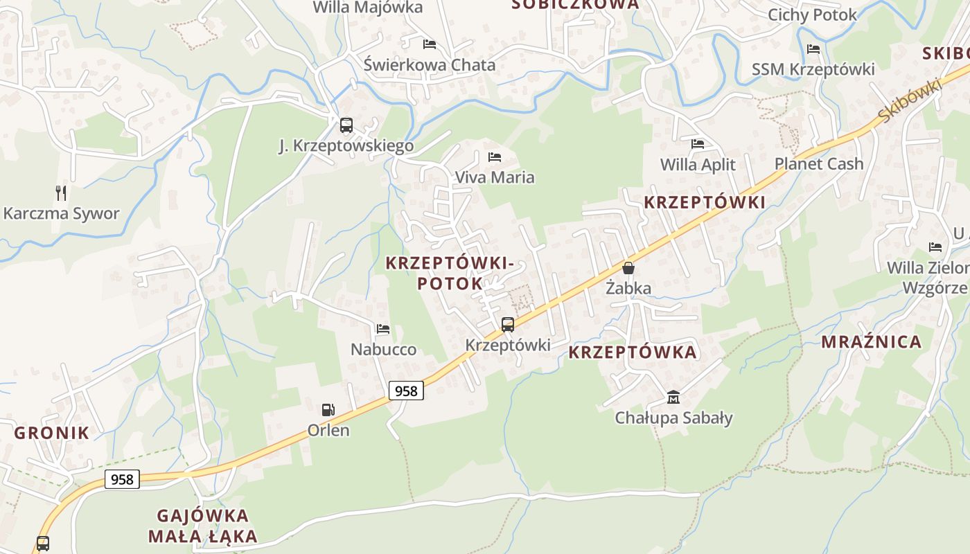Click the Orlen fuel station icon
pyautogui.click(x=328, y=410)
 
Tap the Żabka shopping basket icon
pyautogui.click(x=628, y=267)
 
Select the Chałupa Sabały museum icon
pyautogui.click(x=673, y=397)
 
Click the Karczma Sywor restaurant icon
pyautogui.click(x=62, y=193)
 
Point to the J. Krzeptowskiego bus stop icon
pyautogui.click(x=346, y=125)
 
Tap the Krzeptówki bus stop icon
pyautogui.click(x=508, y=324)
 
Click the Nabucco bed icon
pyautogui.click(x=383, y=329)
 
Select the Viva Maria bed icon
pyautogui.click(x=495, y=157)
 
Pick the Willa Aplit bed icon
pyautogui.click(x=698, y=144)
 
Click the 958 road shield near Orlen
pyautogui.click(x=406, y=391)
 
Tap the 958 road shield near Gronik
pyautogui.click(x=122, y=479)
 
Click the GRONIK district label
pyautogui.click(x=52, y=434)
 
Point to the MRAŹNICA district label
pyautogui.click(x=872, y=341)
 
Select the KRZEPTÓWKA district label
pyautogui.click(x=633, y=352)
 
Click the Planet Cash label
pyautogui.click(x=819, y=164)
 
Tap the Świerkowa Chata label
pyautogui.click(x=430, y=65)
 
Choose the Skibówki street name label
pyautogui.click(x=908, y=101)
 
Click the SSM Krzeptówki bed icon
pyautogui.click(x=813, y=49)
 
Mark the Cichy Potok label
pyautogui.click(x=812, y=15)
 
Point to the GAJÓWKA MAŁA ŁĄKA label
pyautogui.click(x=203, y=526)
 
